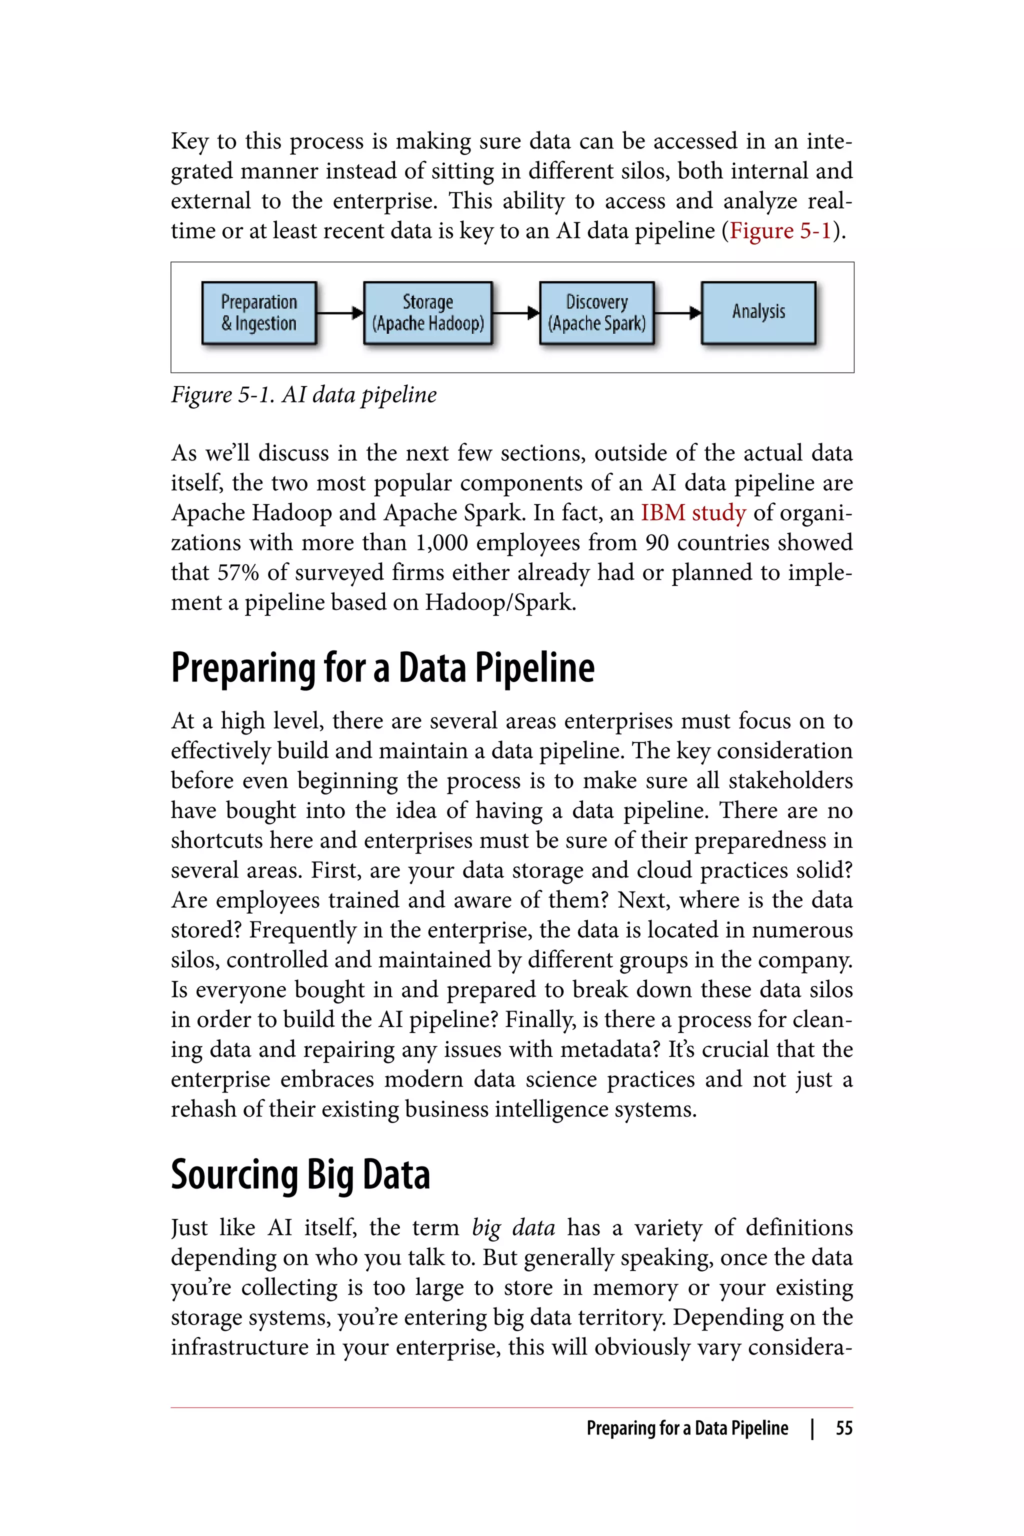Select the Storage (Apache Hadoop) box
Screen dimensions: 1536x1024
428,313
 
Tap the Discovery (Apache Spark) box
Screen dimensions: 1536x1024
596,313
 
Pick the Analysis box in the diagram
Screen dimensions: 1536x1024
758,313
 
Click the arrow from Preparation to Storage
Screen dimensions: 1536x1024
339,313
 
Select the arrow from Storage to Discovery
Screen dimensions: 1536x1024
515,313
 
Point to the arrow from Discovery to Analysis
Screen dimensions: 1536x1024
677,313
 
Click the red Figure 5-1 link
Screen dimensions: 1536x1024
780,230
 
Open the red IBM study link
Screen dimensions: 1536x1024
693,512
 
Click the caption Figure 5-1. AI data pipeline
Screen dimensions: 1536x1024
303,394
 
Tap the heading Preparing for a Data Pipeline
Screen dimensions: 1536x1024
382,668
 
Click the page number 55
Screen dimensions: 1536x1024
844,1428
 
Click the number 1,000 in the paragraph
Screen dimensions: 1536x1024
441,542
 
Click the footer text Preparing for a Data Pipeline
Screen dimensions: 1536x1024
687,1428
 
